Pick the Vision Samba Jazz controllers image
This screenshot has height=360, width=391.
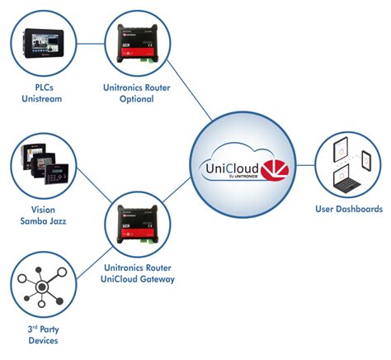(42, 162)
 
